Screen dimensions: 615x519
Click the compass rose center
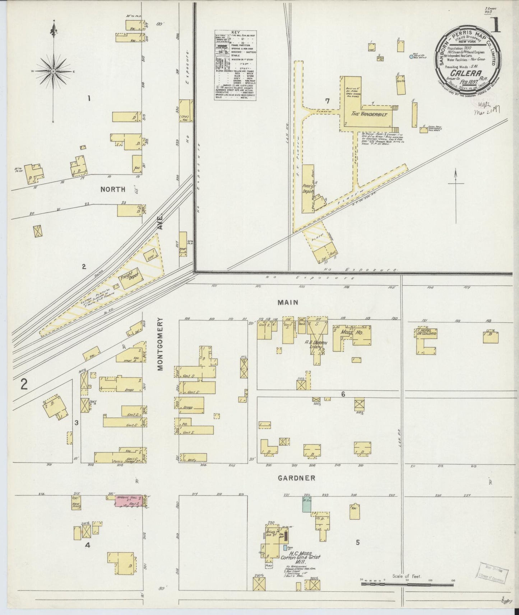[x=53, y=71]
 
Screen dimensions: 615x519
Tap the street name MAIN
[x=288, y=302]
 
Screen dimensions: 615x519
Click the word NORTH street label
[x=113, y=189]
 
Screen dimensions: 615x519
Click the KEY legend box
[x=235, y=65]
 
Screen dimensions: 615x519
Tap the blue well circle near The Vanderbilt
[x=411, y=56]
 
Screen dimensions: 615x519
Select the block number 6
[x=343, y=394]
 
